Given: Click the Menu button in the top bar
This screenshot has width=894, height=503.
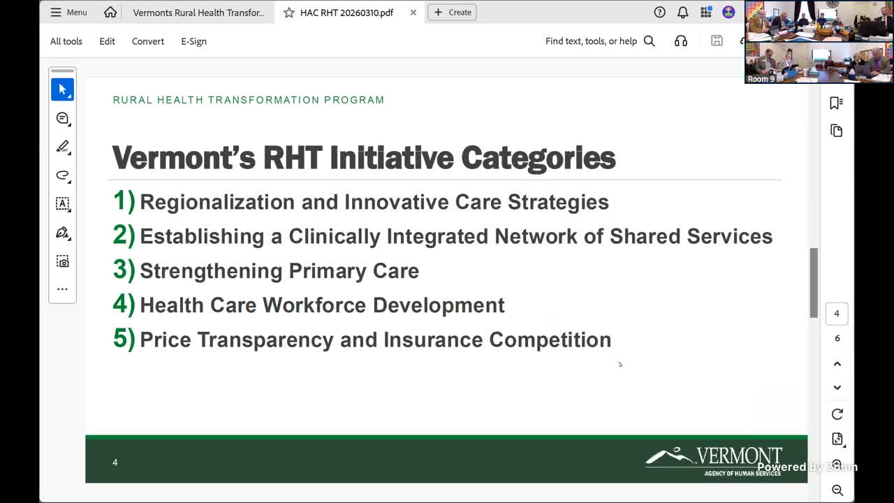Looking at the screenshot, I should coord(68,13).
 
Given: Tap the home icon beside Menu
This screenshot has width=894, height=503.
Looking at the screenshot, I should coord(110,13).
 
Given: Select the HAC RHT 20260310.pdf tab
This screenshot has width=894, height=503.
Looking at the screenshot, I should coord(346,13).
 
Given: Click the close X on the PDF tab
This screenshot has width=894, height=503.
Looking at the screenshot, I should coord(413,13).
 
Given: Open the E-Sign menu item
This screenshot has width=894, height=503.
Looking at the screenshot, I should coord(193,41).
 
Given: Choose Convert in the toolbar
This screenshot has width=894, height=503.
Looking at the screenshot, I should coord(148,41).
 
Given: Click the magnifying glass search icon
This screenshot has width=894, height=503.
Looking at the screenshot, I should coord(650,41).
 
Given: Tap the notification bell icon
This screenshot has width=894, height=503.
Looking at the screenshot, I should coord(683,13).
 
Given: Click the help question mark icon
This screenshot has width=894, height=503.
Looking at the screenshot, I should coord(660,13).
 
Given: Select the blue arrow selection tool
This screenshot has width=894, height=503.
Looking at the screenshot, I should coord(62,89).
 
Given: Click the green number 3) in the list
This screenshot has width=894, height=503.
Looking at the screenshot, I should coord(124,270).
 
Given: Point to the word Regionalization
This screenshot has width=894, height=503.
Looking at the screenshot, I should coord(217,203).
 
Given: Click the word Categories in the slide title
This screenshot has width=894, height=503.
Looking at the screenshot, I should coord(538,158).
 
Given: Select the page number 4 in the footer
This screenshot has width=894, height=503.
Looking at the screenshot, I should coord(115,462).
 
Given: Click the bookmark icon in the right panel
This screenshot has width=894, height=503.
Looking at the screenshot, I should coord(836,103).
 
